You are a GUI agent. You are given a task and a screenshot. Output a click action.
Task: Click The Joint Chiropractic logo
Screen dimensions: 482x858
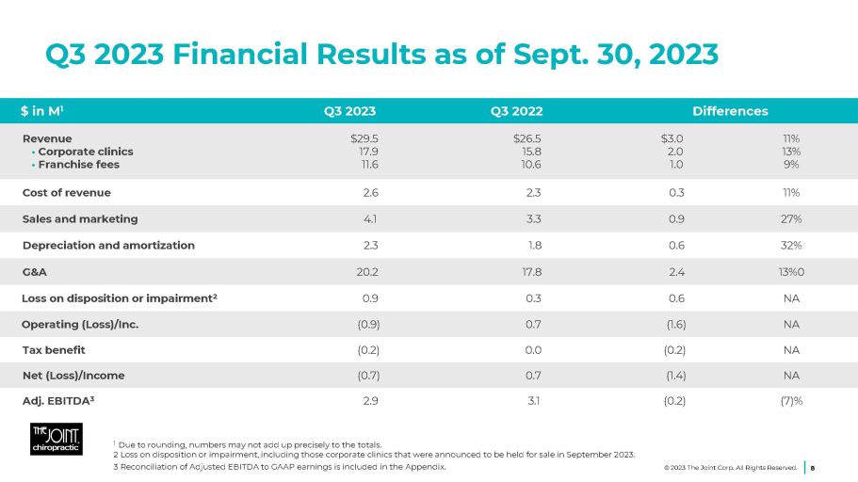coord(56,439)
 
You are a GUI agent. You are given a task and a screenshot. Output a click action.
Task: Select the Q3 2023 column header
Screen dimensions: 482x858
coord(349,111)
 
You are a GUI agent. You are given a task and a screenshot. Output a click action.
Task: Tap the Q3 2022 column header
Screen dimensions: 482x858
coord(516,111)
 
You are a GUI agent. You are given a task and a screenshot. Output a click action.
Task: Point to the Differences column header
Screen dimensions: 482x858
coord(730,111)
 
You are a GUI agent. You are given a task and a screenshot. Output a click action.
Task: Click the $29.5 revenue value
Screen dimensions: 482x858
coord(364,138)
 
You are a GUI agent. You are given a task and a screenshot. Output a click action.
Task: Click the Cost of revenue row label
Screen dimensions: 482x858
coord(67,193)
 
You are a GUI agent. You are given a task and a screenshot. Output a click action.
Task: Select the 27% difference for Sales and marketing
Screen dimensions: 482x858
coord(790,219)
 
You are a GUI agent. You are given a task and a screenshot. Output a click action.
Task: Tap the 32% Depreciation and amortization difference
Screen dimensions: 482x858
coord(790,246)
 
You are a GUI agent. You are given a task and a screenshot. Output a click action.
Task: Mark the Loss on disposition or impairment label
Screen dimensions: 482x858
coord(120,298)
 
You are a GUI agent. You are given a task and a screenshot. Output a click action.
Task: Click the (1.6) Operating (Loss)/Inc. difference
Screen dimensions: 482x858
coord(675,325)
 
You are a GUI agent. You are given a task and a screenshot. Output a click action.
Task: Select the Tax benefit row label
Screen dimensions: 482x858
coord(54,350)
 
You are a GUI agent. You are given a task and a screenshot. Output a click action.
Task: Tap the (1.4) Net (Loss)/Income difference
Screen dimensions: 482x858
coord(675,376)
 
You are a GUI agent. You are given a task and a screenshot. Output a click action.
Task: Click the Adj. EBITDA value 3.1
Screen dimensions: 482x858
coord(536,401)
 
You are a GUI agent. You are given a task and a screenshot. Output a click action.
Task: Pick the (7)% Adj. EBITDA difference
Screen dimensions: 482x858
coord(788,401)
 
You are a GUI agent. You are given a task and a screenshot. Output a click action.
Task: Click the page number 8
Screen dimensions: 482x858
coord(813,466)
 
